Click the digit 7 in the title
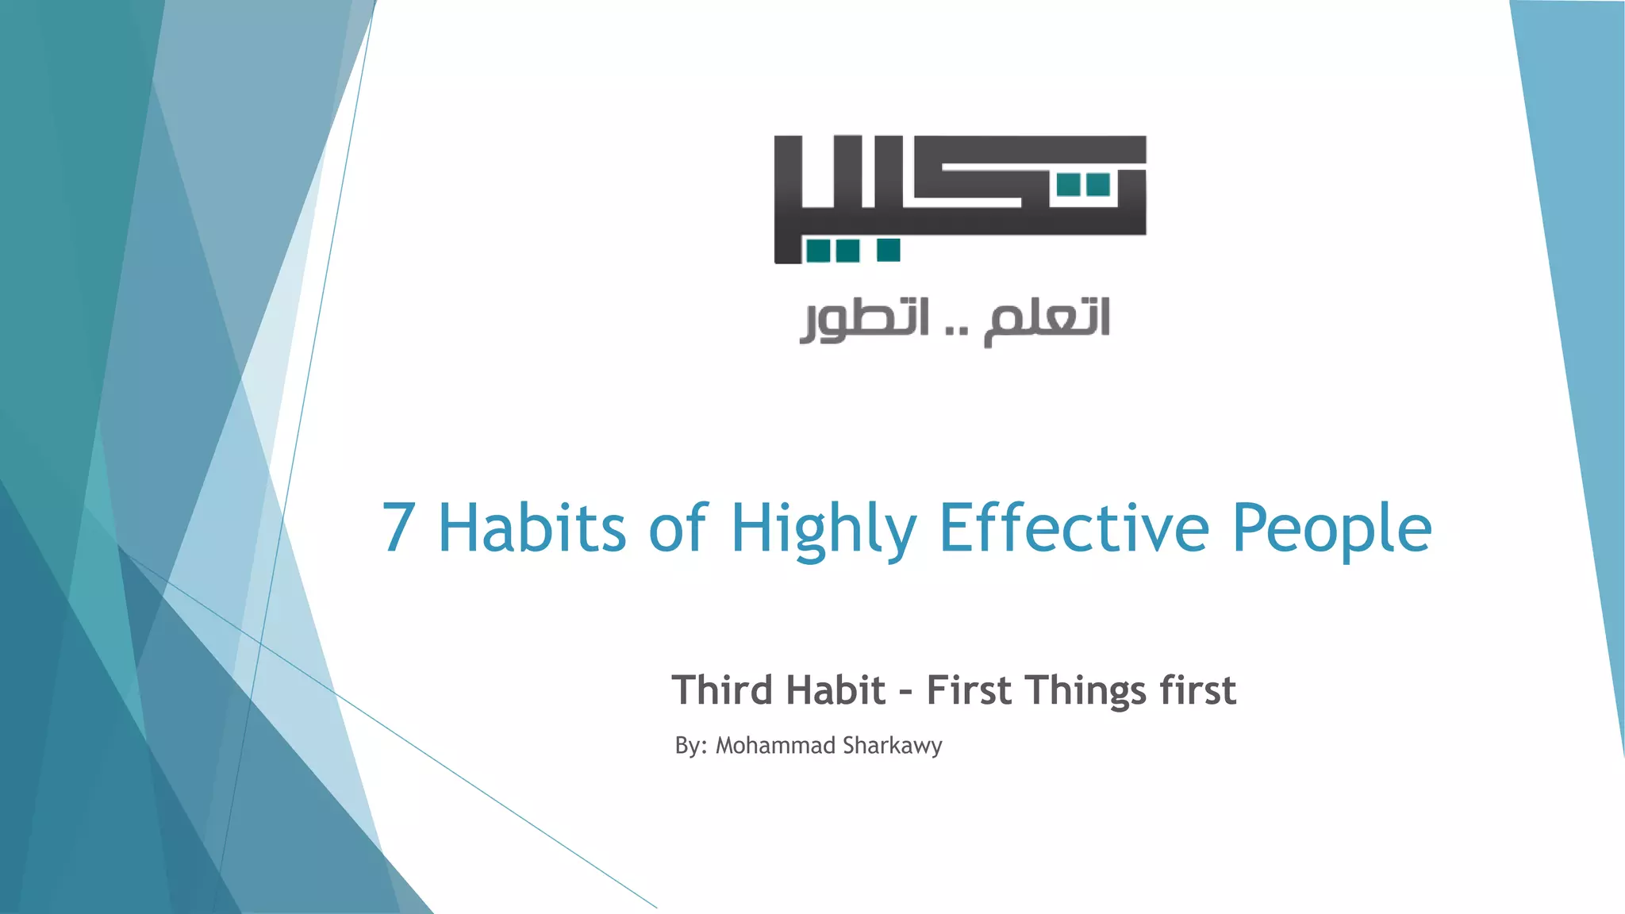click(398, 528)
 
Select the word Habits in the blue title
click(532, 528)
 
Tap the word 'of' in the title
click(677, 528)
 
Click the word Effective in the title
click(1074, 528)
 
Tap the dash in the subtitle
click(905, 692)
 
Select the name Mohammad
click(775, 746)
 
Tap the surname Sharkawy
click(892, 747)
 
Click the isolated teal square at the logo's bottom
click(889, 250)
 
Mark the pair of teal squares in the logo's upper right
click(1083, 185)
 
